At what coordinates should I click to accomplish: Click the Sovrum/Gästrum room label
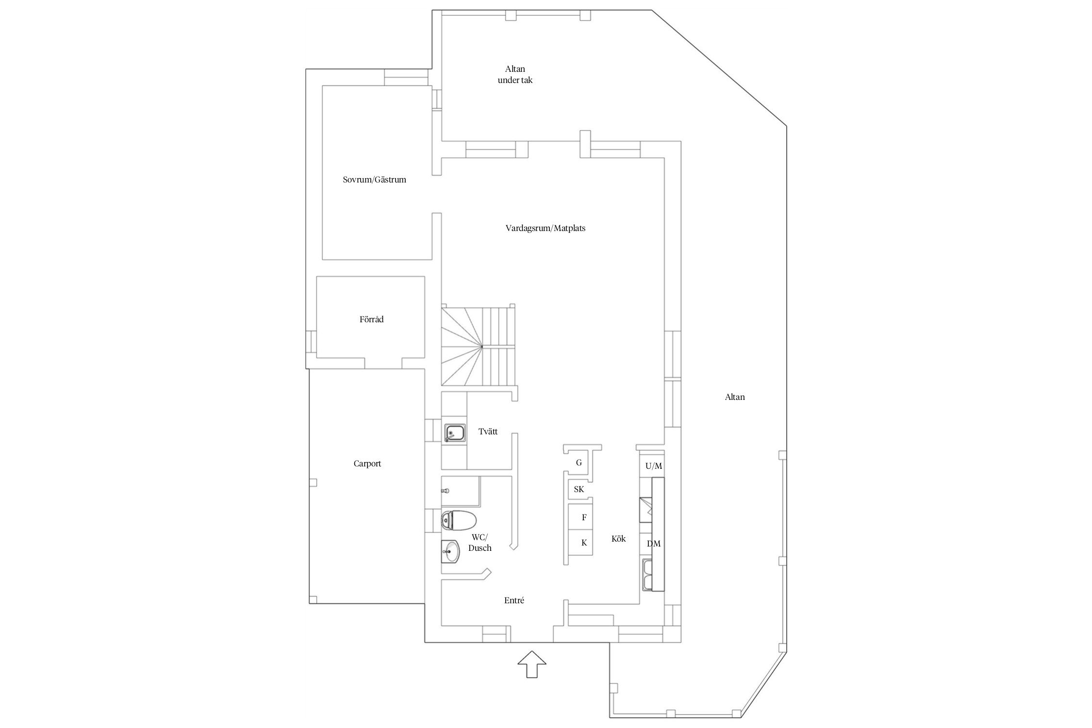[374, 180]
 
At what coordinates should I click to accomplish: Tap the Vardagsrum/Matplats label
[545, 228]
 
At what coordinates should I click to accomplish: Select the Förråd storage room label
[371, 319]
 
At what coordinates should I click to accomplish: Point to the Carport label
[367, 463]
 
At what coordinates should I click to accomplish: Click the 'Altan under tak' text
[515, 75]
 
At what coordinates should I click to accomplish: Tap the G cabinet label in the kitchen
[579, 463]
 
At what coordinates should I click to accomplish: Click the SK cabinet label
[579, 489]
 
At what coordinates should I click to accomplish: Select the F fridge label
[584, 517]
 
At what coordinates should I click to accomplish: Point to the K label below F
[584, 543]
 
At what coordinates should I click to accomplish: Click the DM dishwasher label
[653, 544]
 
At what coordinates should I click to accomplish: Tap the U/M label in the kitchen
[653, 466]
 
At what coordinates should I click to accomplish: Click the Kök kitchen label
[618, 539]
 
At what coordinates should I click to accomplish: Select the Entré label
[514, 600]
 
